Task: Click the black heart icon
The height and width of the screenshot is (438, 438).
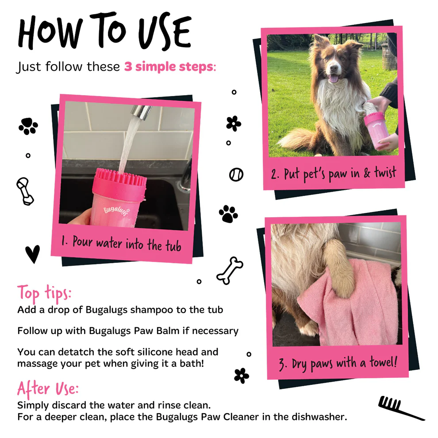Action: pyautogui.click(x=32, y=254)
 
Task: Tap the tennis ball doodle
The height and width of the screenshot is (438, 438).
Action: pyautogui.click(x=236, y=174)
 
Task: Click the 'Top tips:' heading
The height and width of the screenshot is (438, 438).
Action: pyautogui.click(x=44, y=293)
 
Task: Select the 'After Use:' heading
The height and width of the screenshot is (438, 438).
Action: pyautogui.click(x=48, y=388)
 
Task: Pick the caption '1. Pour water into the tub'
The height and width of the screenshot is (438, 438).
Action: pyautogui.click(x=121, y=243)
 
